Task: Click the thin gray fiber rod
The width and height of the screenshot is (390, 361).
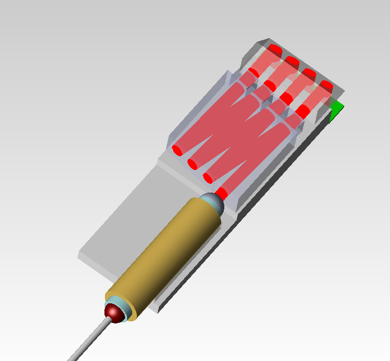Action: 87,340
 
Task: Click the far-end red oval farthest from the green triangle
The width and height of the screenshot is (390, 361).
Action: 275,49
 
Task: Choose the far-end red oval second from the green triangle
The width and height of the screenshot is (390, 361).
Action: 309,73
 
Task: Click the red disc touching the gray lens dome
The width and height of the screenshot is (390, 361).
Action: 222,193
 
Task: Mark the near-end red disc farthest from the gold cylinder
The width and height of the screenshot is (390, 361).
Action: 177,150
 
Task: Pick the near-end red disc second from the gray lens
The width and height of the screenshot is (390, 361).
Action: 208,178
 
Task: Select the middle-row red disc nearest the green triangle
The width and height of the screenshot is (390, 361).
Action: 303,110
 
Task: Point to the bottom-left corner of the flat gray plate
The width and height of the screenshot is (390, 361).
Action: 79,256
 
